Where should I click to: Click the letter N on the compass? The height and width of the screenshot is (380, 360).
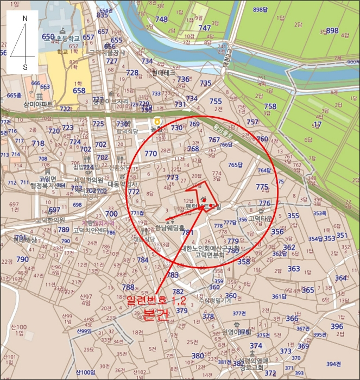pos(24,18)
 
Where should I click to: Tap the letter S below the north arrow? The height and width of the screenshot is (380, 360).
pos(24,67)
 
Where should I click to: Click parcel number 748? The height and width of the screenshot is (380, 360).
pos(161,20)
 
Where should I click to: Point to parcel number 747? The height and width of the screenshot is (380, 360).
pos(204,28)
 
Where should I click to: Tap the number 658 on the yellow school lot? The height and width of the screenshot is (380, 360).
pos(79,91)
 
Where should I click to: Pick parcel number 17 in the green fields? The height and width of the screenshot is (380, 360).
pos(318,124)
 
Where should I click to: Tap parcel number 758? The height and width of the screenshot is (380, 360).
pos(270,106)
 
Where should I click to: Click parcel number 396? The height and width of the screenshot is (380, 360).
pos(337,326)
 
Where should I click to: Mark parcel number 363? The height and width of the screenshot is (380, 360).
pos(293,269)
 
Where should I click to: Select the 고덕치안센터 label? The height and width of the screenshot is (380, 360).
pos(89,230)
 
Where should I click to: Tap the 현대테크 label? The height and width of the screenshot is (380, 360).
pos(163,72)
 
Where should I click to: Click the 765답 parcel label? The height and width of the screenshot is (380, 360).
pos(235,165)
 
